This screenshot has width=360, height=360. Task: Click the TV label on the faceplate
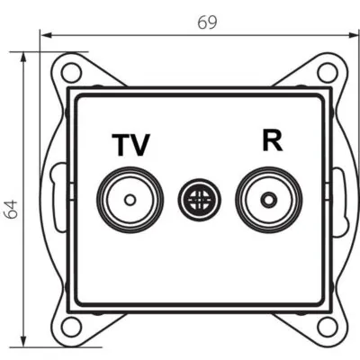130,144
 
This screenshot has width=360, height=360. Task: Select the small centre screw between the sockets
194,197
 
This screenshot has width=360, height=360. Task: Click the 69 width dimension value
207,22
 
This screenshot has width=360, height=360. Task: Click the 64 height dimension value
12,209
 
